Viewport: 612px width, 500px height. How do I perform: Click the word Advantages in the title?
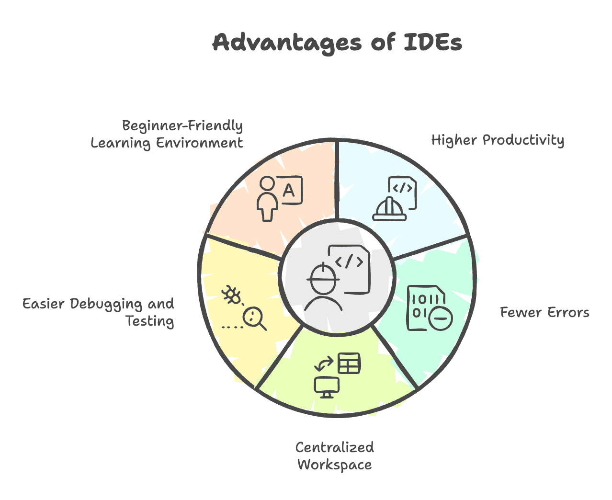pos(287,43)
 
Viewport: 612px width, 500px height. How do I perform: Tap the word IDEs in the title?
pos(433,42)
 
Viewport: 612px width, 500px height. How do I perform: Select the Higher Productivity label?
pos(498,140)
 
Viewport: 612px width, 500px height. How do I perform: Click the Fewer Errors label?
pos(544,313)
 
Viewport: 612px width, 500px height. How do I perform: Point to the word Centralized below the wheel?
pos(334,447)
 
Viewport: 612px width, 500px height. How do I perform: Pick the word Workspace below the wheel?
pos(334,465)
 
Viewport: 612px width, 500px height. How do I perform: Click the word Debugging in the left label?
pos(106,305)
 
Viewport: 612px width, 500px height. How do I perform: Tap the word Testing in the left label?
pos(150,321)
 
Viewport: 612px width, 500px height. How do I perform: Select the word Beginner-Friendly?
pos(182,125)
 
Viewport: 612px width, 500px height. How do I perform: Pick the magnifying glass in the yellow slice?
pos(254,318)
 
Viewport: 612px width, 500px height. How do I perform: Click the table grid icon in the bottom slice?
pos(349,364)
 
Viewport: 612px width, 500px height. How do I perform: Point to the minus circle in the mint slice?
pos(441,318)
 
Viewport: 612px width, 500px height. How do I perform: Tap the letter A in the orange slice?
pos(289,191)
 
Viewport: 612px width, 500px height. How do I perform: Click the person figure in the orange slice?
pos(267,199)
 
